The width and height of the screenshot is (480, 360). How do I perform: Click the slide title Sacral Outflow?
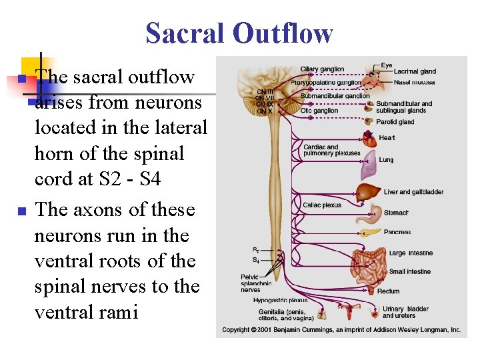pyautogui.click(x=239, y=33)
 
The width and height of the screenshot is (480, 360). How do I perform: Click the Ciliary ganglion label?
pyautogui.click(x=322, y=69)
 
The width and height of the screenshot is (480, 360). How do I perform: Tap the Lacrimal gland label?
pyautogui.click(x=415, y=71)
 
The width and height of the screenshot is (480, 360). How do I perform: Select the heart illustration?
pyautogui.click(x=369, y=139)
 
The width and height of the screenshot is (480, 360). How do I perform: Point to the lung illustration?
pyautogui.click(x=369, y=171)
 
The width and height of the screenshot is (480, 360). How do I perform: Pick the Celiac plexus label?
pyautogui.click(x=322, y=205)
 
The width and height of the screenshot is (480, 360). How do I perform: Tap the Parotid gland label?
pyautogui.click(x=395, y=122)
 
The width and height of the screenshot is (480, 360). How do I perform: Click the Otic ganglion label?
pyautogui.click(x=319, y=111)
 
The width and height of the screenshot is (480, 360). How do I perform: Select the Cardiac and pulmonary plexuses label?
pyautogui.click(x=331, y=150)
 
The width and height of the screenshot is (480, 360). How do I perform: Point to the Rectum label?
pyautogui.click(x=388, y=291)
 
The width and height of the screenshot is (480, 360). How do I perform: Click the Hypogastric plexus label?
pyautogui.click(x=280, y=301)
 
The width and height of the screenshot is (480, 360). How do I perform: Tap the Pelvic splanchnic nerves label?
pyautogui.click(x=256, y=283)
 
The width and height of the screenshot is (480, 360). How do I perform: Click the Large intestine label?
pyautogui.click(x=411, y=253)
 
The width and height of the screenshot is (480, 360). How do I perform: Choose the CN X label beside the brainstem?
pyautogui.click(x=265, y=111)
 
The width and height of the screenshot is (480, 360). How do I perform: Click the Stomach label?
pyautogui.click(x=396, y=213)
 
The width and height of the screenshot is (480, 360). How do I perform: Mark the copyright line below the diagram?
pyautogui.click(x=341, y=330)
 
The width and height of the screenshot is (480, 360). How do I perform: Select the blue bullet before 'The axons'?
pyautogui.click(x=21, y=211)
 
